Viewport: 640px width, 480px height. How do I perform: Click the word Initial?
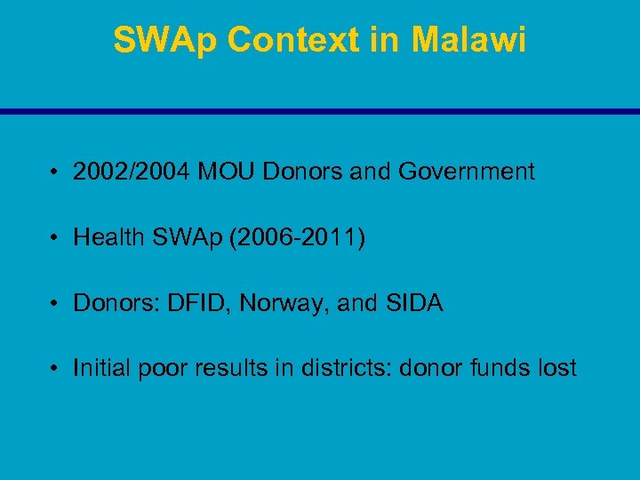click(x=101, y=368)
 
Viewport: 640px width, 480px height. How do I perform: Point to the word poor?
click(x=161, y=368)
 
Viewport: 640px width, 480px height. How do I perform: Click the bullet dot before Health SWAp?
click(x=56, y=238)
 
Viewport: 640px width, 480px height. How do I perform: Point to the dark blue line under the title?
click(x=320, y=112)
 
